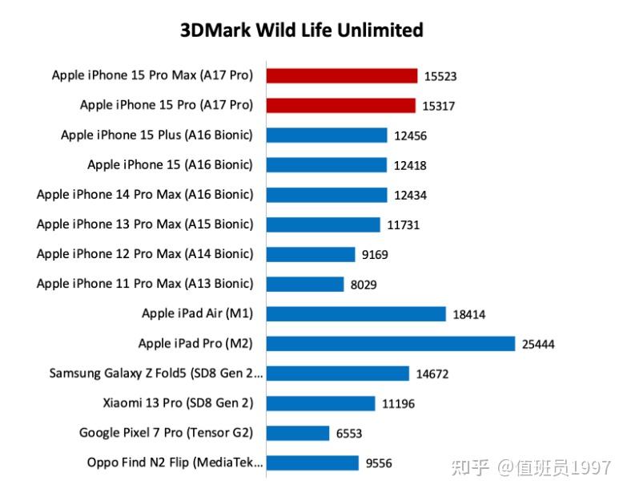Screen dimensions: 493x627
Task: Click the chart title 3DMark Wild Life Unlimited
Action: tap(301, 30)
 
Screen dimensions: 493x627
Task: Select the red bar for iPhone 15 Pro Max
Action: tap(342, 75)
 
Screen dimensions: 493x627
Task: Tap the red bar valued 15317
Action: tap(341, 105)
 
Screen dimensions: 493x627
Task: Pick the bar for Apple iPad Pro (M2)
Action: tap(390, 343)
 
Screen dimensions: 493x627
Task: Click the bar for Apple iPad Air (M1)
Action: tap(356, 313)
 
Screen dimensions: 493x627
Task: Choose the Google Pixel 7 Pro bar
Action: tap(297, 433)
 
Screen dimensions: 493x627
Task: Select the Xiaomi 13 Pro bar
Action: tap(320, 403)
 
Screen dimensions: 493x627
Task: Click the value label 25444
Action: tap(538, 345)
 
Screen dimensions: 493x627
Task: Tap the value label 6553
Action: tap(349, 434)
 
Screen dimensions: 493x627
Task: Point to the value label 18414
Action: tap(469, 315)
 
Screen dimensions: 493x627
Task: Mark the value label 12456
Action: tap(410, 136)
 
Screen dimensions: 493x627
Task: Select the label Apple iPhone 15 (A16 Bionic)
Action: tap(170, 164)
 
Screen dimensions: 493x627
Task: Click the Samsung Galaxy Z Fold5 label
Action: tap(156, 373)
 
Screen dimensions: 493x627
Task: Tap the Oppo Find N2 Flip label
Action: tap(175, 463)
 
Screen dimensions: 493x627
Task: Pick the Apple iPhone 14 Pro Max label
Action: tap(145, 194)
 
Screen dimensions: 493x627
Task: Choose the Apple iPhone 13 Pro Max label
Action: tap(145, 224)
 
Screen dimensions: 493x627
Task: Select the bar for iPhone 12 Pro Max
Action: tap(310, 254)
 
